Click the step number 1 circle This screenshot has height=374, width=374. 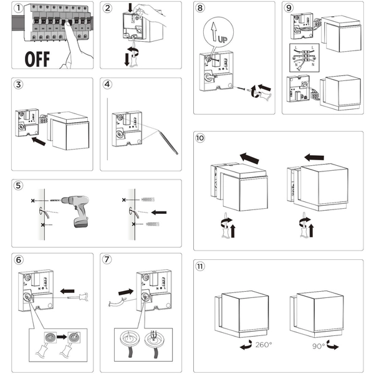19,8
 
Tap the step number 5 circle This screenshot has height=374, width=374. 19,186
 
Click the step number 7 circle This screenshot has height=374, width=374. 107,259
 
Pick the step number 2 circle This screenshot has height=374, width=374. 108,8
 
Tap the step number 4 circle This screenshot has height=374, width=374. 108,84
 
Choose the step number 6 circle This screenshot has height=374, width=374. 19,259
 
